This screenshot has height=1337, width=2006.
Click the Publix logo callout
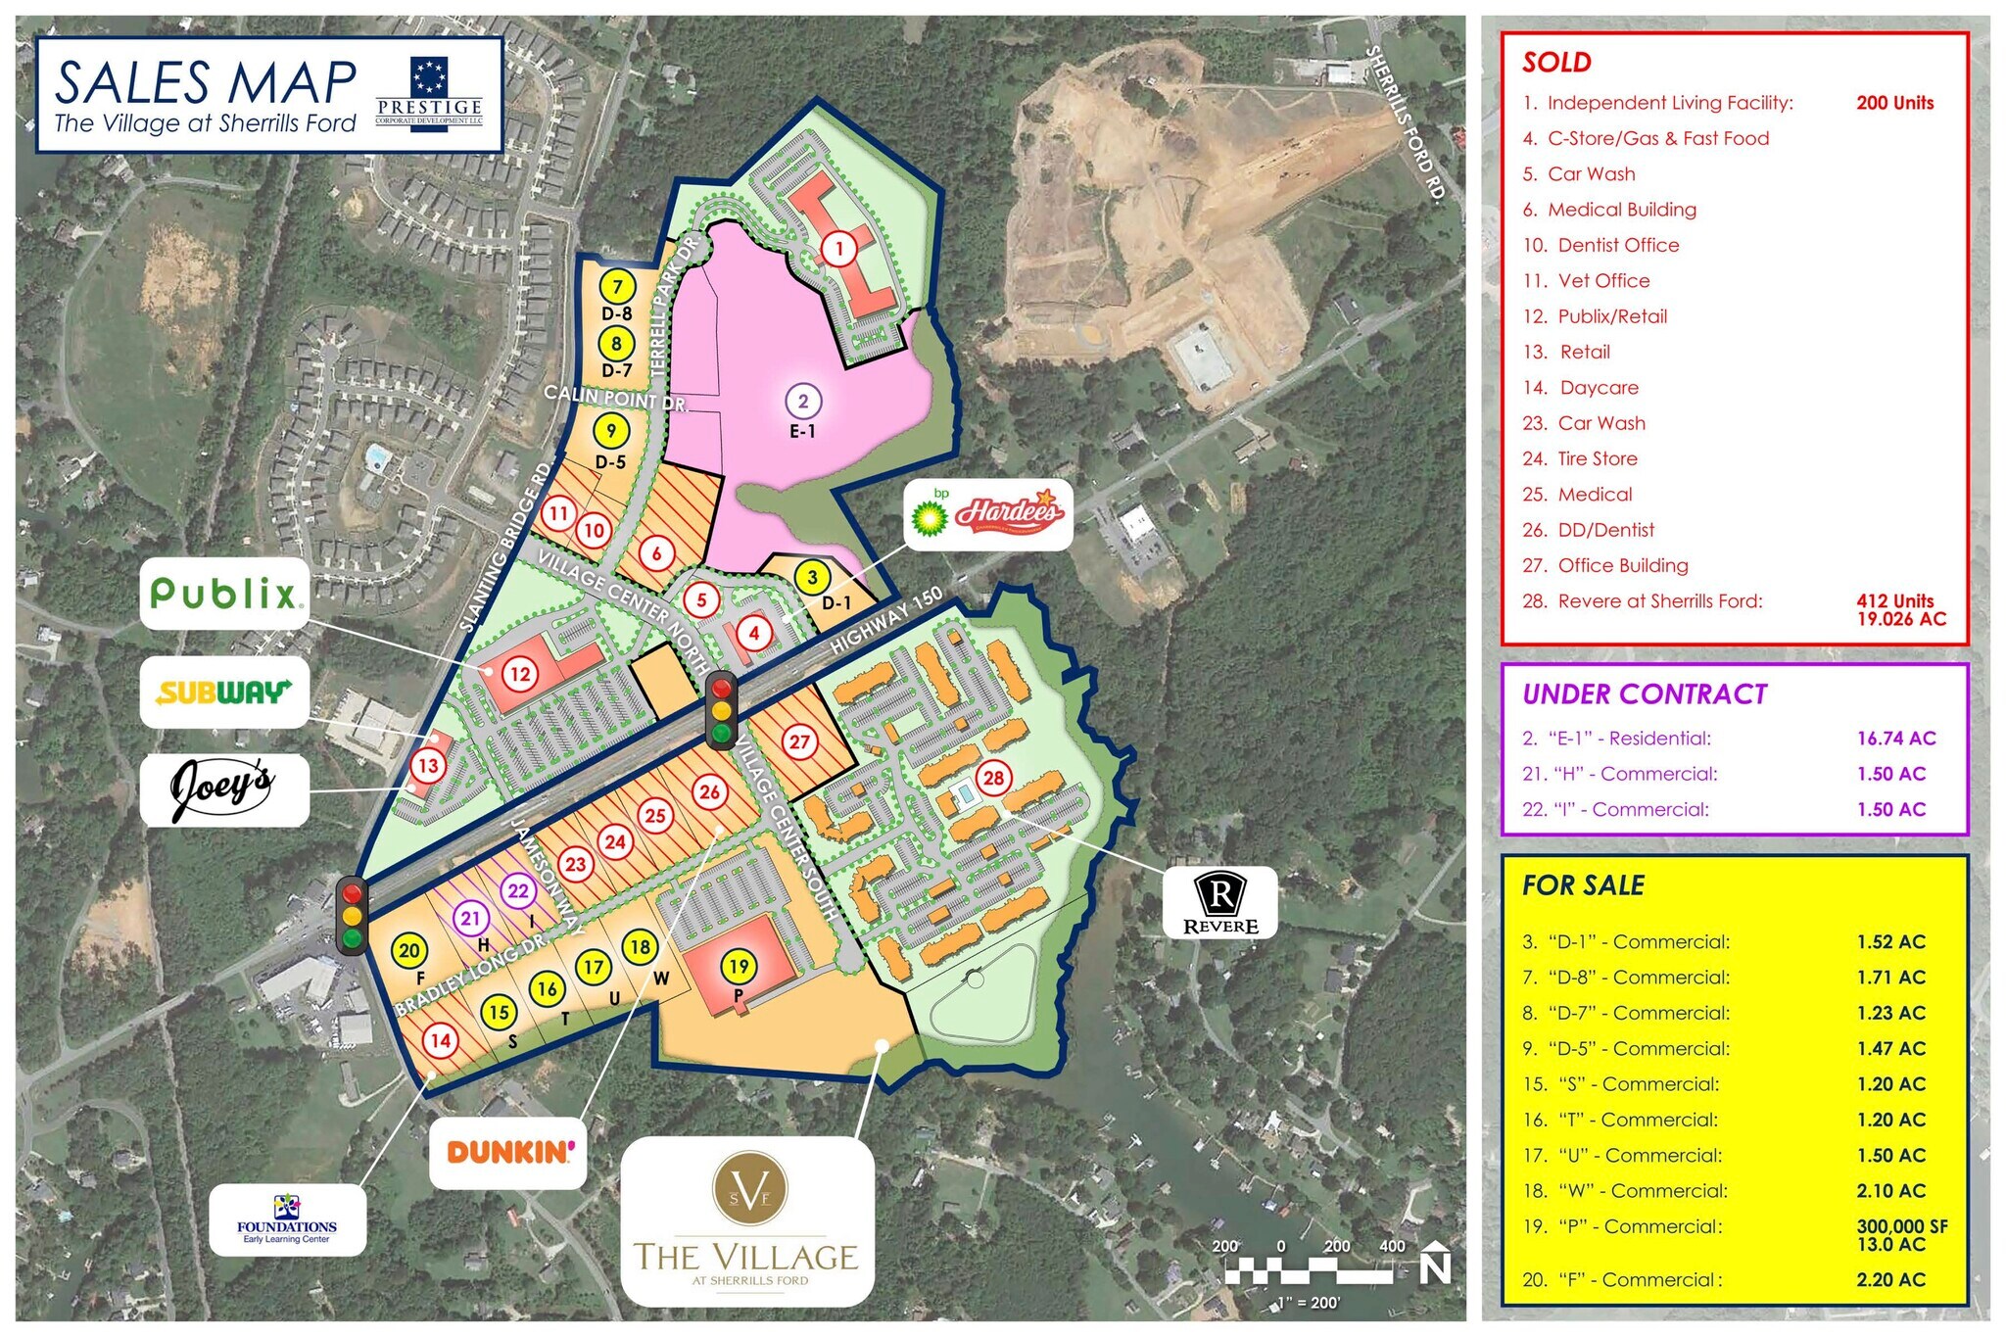224,594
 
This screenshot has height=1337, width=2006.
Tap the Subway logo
224,692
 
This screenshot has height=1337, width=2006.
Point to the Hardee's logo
1009,512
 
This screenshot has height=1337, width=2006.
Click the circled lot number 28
994,779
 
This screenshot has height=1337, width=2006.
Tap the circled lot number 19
739,967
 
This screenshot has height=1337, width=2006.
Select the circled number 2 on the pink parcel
803,401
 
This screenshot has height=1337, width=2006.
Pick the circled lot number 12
519,674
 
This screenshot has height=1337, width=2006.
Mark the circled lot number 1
838,249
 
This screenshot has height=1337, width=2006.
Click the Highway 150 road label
885,621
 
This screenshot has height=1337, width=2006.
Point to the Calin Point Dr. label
616,398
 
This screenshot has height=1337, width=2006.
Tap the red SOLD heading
1556,63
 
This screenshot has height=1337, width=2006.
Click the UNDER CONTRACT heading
1645,694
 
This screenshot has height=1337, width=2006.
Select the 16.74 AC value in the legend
1896,739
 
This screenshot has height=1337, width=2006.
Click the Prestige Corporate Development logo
429,94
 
